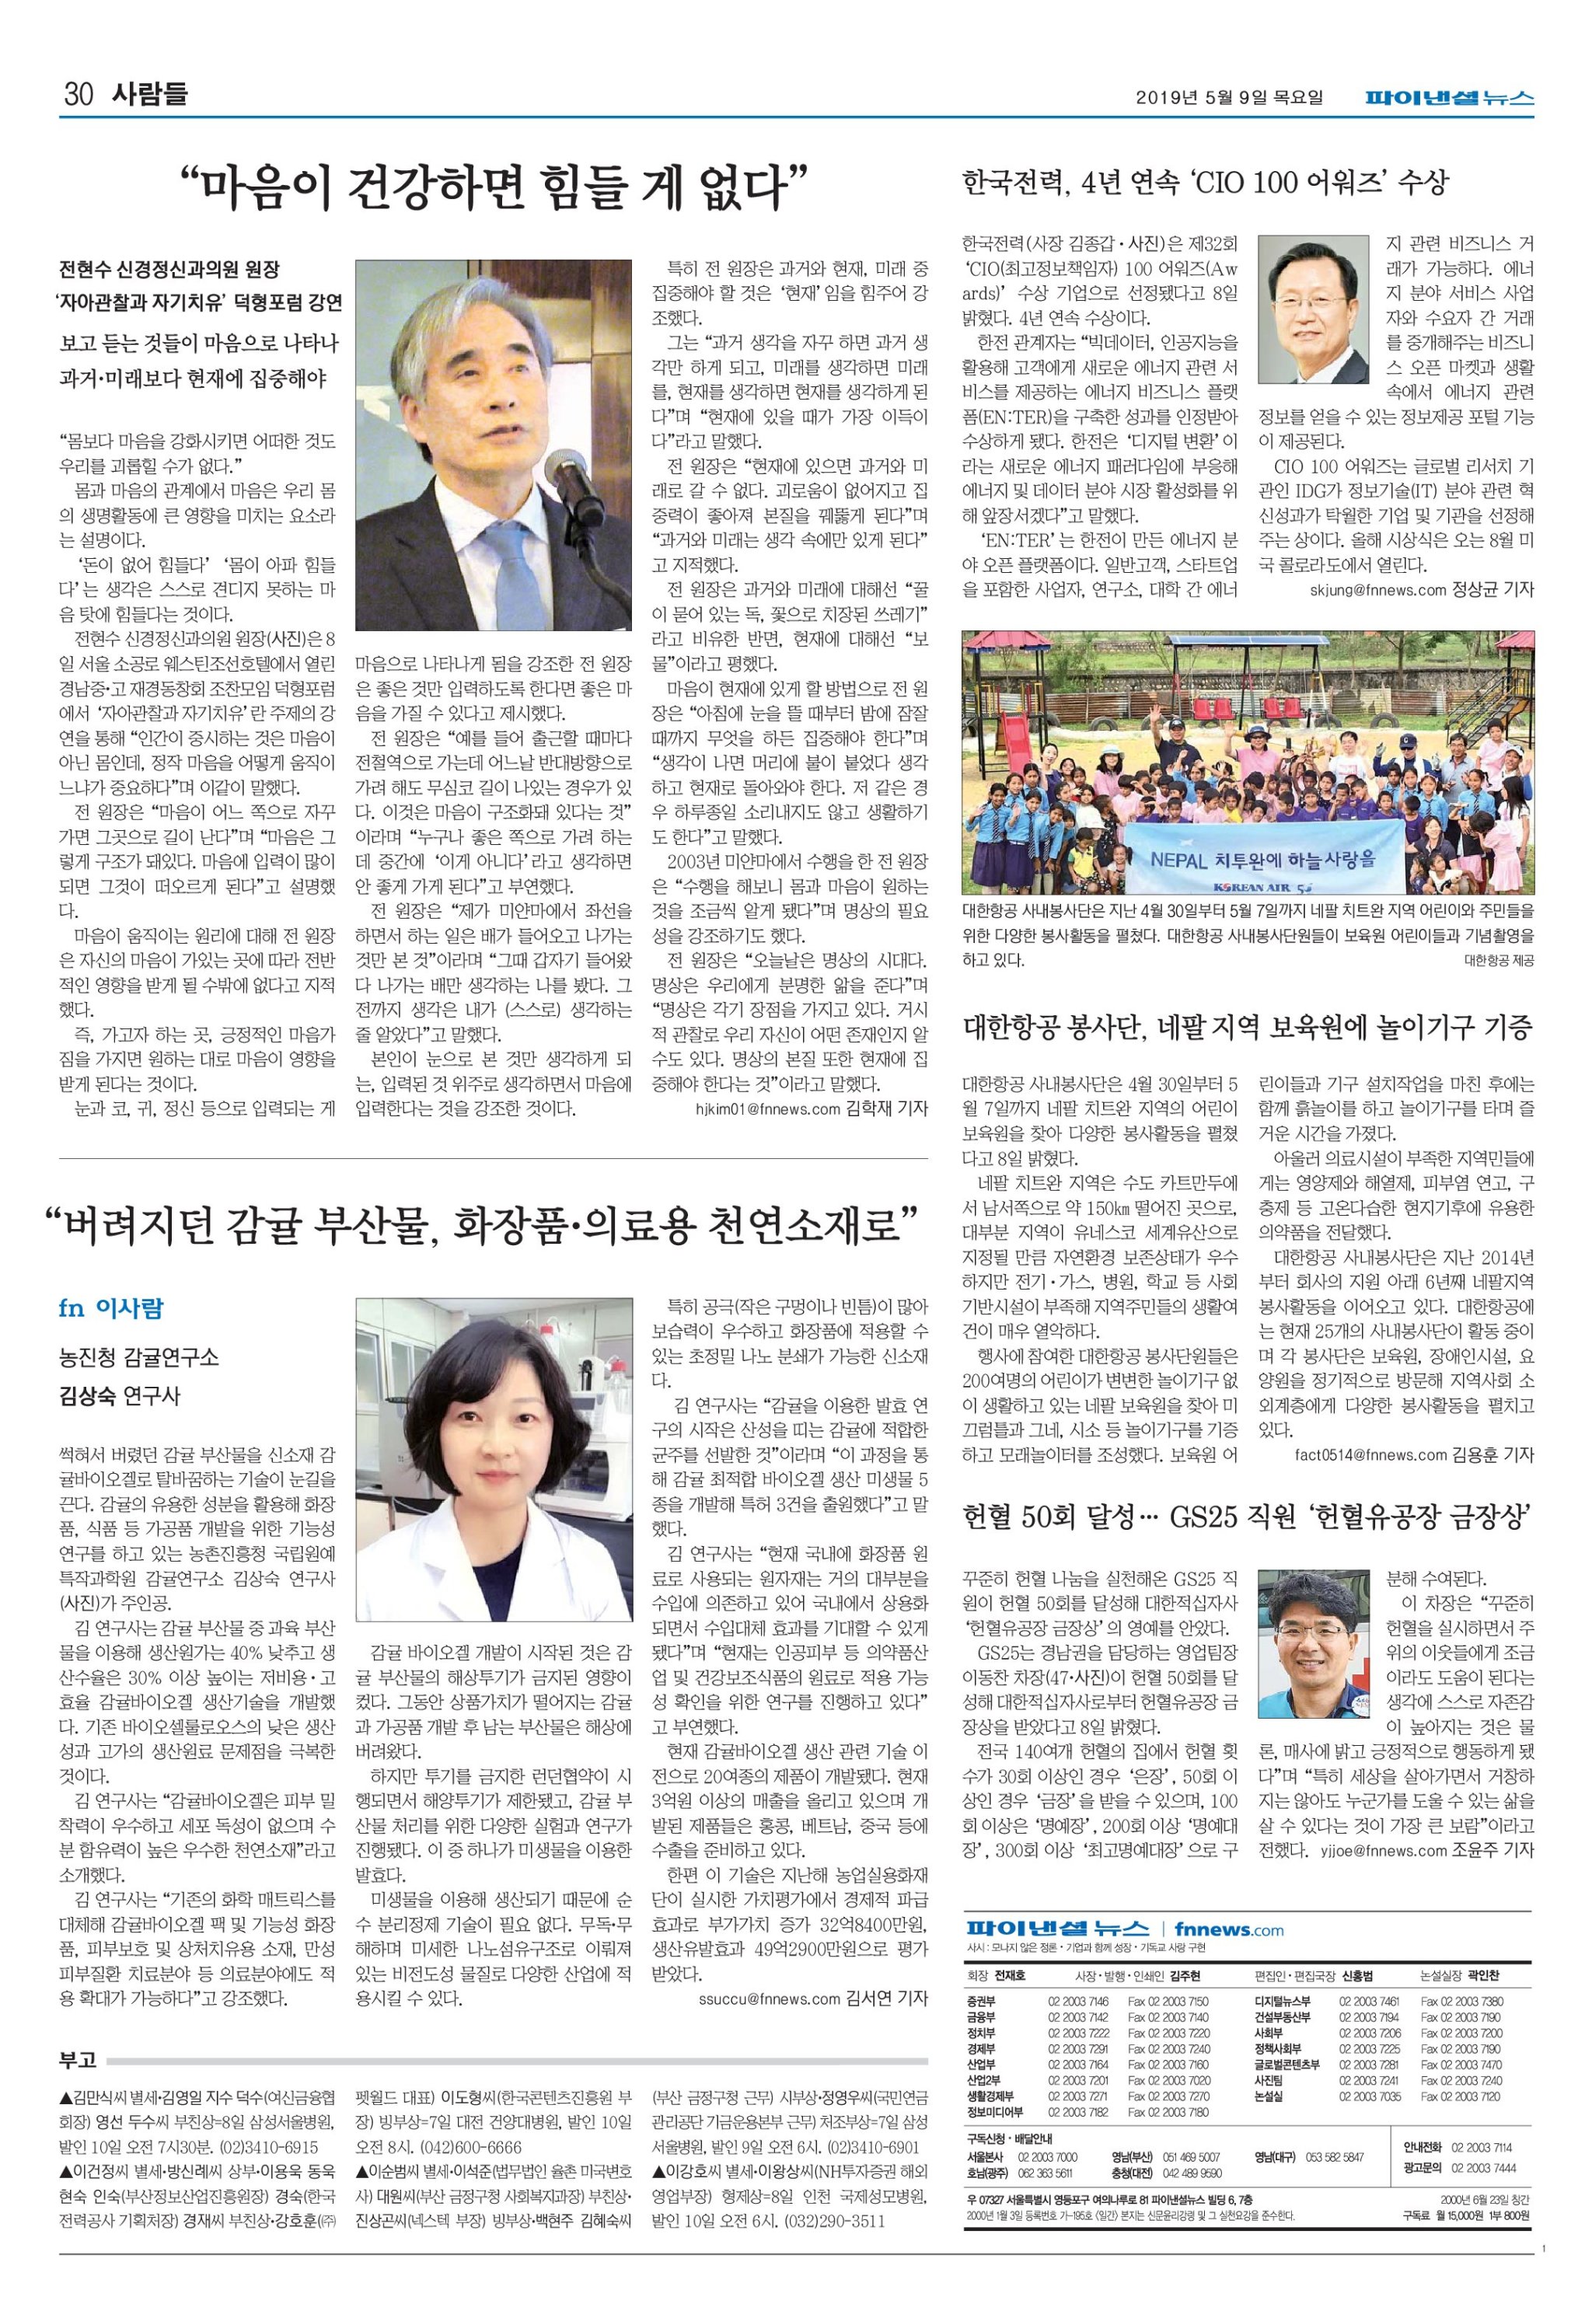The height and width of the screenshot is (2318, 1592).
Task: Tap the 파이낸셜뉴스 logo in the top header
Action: point(1450,98)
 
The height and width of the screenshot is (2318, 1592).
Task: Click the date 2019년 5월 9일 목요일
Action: point(1229,98)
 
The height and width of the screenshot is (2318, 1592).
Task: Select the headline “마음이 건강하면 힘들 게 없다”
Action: point(493,187)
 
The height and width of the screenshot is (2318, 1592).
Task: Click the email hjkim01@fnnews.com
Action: point(767,1108)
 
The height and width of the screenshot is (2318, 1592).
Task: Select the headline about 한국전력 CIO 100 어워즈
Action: point(1204,183)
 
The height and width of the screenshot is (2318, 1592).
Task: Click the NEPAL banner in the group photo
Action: point(1263,860)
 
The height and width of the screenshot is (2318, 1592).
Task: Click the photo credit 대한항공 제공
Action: point(1498,961)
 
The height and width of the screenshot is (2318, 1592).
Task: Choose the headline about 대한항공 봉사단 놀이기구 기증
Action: point(1247,1028)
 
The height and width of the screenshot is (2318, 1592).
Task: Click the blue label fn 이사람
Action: point(110,1308)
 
